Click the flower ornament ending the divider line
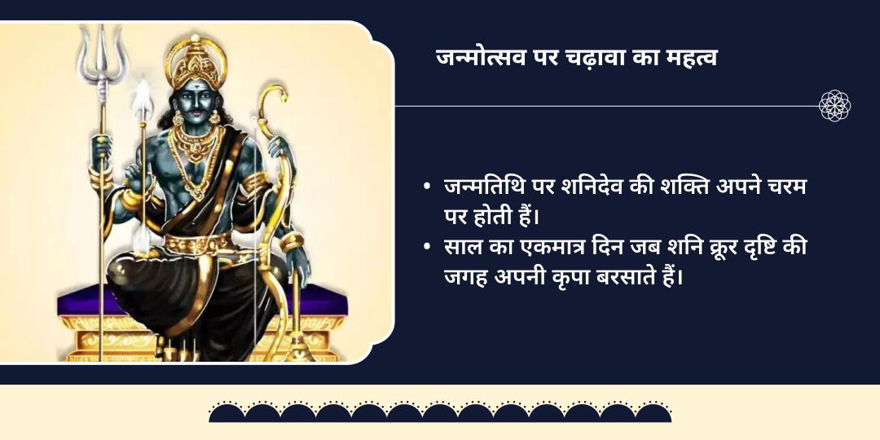tap(835, 106)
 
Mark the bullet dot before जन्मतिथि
tap(427, 187)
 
